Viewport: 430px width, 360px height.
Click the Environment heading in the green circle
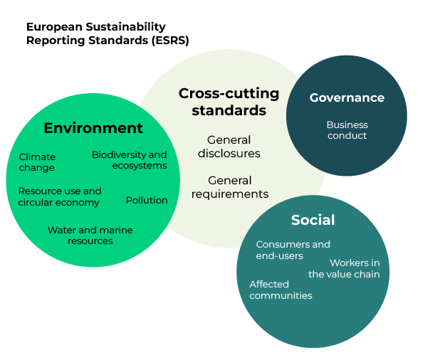[x=93, y=128]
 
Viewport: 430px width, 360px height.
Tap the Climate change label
[x=37, y=162]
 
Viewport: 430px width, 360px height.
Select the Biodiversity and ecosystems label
[x=130, y=160]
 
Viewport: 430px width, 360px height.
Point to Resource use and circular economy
[x=60, y=196]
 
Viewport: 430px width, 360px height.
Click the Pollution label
[x=147, y=200]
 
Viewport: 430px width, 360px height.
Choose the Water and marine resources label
[x=90, y=235]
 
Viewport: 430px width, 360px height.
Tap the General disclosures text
[x=229, y=147]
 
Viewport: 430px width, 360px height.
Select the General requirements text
[x=230, y=187]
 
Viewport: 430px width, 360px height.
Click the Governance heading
[x=347, y=97]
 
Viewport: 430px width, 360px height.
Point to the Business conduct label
[x=347, y=129]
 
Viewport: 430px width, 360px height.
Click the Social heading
[x=313, y=220]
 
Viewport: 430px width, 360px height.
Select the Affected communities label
[x=280, y=290]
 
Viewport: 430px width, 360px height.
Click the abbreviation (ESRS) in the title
[x=170, y=40]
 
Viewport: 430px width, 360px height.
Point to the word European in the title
[x=54, y=27]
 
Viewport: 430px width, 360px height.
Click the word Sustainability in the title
[x=125, y=27]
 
